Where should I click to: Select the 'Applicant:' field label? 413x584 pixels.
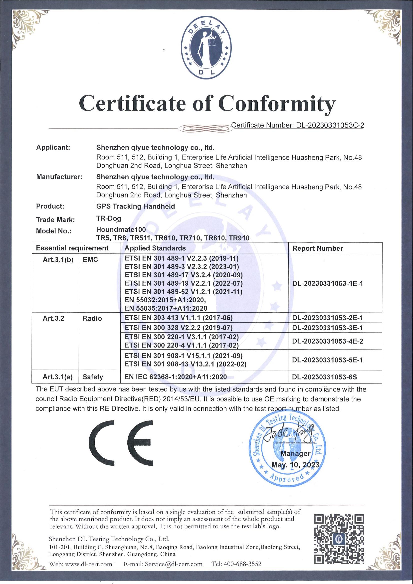[x=53, y=148]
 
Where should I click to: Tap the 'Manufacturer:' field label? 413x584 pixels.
[x=59, y=177]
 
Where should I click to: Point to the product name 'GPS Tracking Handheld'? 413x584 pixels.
[x=135, y=206]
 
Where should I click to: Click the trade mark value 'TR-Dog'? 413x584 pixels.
[x=109, y=218]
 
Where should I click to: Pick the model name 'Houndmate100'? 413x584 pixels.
[x=121, y=229]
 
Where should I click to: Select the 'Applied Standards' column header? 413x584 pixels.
[x=155, y=248]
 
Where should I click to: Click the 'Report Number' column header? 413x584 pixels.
[x=317, y=248]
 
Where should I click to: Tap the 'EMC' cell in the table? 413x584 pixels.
[x=91, y=260]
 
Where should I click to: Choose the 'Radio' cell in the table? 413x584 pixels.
[x=92, y=318]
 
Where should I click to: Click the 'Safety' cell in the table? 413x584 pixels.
[x=93, y=377]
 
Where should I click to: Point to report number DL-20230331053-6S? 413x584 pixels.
[x=325, y=377]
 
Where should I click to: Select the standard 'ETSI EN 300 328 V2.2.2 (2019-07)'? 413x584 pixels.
[x=179, y=327]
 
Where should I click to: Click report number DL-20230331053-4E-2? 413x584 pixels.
[x=328, y=341]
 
